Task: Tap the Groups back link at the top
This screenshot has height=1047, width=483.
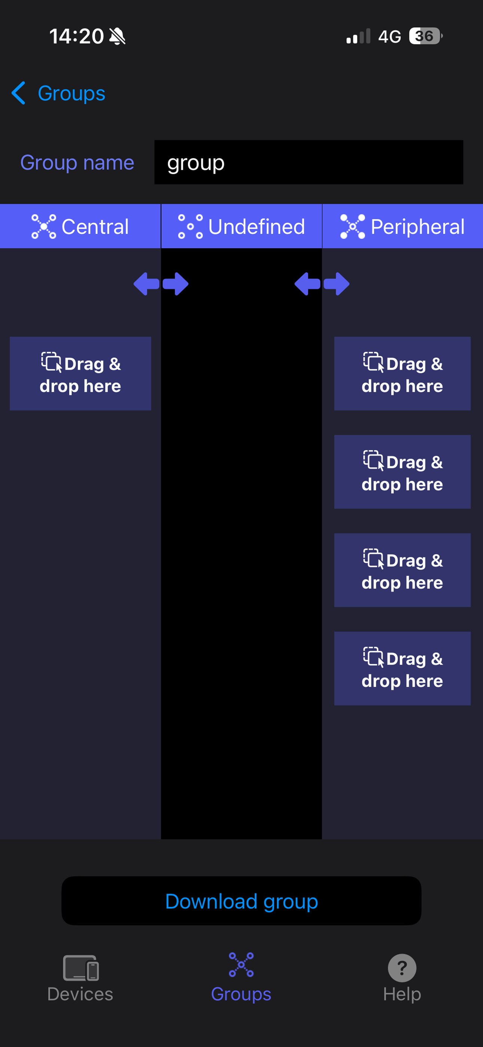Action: (x=71, y=94)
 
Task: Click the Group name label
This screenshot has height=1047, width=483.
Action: (x=77, y=163)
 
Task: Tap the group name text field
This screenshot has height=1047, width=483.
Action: (x=308, y=163)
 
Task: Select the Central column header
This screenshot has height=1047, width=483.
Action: (x=80, y=227)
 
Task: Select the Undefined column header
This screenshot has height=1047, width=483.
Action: (x=241, y=227)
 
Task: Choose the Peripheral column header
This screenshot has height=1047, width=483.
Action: (x=402, y=227)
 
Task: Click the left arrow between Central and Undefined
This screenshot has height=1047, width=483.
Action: (x=146, y=284)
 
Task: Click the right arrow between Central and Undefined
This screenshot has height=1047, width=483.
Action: (x=176, y=284)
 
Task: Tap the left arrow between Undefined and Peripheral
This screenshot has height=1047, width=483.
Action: (x=307, y=284)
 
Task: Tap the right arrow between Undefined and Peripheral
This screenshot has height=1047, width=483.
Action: (x=337, y=284)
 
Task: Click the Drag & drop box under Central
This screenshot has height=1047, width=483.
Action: (x=80, y=373)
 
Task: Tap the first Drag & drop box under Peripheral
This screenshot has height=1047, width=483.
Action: (x=402, y=373)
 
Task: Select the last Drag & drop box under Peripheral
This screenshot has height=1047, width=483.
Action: (x=402, y=668)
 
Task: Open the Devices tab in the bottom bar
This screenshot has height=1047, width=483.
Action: (x=80, y=977)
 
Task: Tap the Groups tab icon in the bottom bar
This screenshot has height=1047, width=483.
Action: (x=241, y=965)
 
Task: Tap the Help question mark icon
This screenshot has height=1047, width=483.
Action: (x=402, y=968)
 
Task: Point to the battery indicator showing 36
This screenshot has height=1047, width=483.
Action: (x=425, y=36)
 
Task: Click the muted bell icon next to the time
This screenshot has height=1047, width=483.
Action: (x=118, y=36)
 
